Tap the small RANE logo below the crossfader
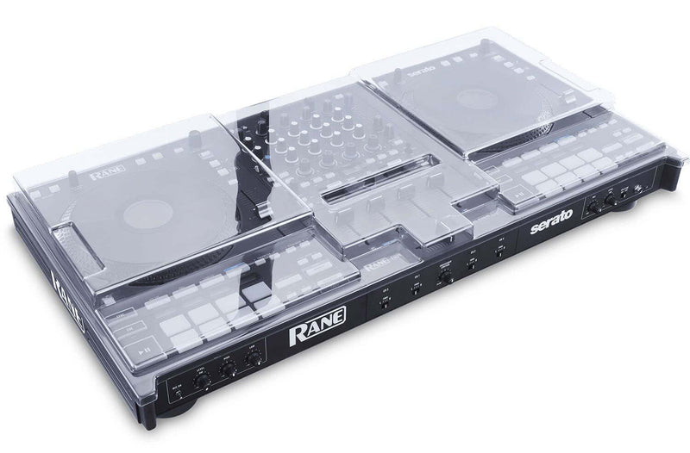(x=379, y=266)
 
